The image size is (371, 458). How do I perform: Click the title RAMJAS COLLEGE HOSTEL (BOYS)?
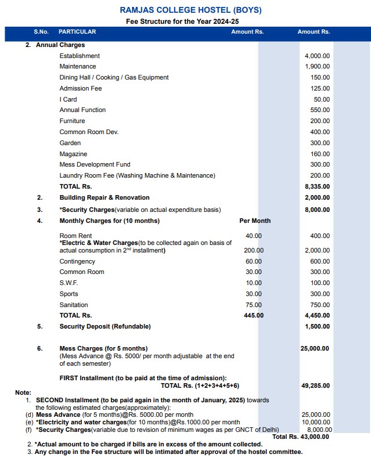click(190, 10)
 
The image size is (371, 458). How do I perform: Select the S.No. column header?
click(41, 31)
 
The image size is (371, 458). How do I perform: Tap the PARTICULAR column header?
click(77, 31)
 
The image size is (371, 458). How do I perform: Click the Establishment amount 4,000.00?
click(317, 56)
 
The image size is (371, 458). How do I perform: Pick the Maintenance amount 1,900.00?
click(317, 67)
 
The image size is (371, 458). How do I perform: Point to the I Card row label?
click(68, 99)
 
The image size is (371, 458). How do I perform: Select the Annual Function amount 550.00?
click(320, 110)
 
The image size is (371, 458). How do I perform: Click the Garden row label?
click(70, 143)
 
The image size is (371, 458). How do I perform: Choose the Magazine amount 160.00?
click(320, 154)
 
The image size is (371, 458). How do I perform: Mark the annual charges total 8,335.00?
click(317, 186)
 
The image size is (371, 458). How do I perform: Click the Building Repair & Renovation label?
click(105, 197)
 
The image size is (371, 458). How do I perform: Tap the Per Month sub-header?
click(255, 221)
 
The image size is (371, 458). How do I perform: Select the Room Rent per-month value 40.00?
click(253, 236)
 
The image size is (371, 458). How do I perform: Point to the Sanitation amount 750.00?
click(320, 305)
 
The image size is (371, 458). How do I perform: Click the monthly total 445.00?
click(253, 315)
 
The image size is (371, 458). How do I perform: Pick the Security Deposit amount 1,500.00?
click(317, 326)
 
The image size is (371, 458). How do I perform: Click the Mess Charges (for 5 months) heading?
click(103, 348)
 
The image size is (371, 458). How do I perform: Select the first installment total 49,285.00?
click(315, 385)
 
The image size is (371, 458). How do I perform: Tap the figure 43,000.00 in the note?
click(316, 437)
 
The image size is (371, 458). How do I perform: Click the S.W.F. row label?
click(69, 283)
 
